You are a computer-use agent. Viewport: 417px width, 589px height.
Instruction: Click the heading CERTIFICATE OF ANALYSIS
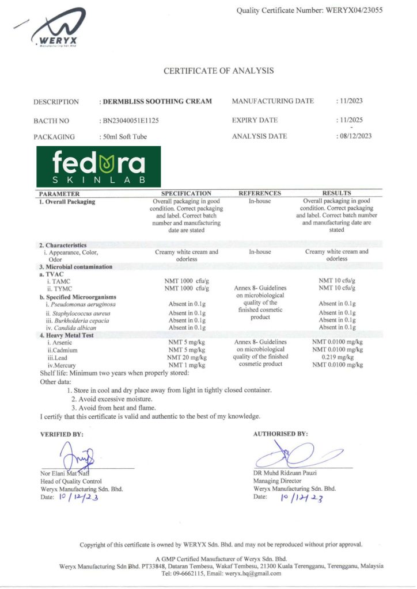[x=219, y=71]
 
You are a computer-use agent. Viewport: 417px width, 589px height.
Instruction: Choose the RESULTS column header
[x=337, y=193]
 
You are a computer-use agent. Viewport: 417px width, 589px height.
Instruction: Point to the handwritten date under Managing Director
[x=301, y=498]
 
